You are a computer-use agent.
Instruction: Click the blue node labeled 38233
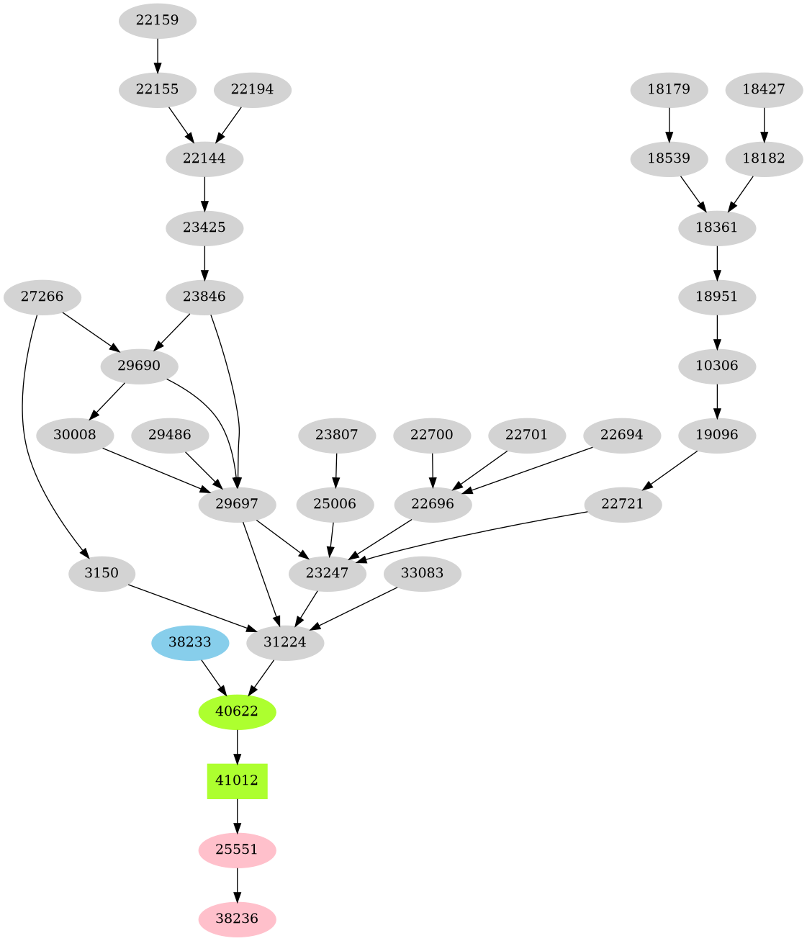[190, 642]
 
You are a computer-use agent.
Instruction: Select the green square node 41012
[237, 780]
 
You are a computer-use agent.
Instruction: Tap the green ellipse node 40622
[237, 711]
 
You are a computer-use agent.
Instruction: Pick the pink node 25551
[237, 850]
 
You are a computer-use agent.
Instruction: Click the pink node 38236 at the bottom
[237, 919]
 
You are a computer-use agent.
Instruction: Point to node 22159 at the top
[157, 20]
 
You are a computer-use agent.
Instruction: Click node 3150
[102, 573]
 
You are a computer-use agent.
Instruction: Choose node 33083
[423, 573]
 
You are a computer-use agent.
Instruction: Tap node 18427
[764, 89]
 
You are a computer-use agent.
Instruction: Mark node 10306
[717, 366]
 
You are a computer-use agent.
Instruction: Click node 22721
[622, 504]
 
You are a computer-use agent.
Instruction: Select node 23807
[337, 435]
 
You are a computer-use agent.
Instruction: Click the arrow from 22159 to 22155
[157, 55]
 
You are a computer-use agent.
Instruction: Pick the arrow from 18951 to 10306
[717, 331]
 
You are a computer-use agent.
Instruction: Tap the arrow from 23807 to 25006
[336, 469]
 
